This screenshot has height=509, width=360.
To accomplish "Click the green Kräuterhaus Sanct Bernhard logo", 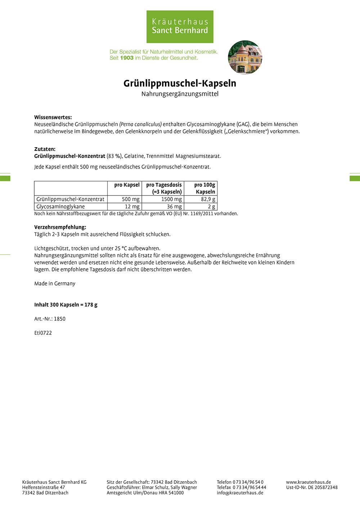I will click(180, 27).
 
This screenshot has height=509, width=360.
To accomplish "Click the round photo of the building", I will click(245, 57).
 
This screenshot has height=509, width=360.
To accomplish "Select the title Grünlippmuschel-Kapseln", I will click(180, 83).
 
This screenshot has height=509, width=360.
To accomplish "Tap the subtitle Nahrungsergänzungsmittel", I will click(180, 94).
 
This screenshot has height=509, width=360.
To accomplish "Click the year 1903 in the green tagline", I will click(127, 58).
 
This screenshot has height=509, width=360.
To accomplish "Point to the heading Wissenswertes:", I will click(53, 117).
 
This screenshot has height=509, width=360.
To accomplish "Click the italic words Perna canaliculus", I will click(140, 124).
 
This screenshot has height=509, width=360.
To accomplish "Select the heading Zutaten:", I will click(45, 149).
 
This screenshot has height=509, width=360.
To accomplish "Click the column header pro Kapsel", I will click(127, 185).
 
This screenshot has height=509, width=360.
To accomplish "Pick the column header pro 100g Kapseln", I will click(204, 188).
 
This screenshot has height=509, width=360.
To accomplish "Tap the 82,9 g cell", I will click(208, 199).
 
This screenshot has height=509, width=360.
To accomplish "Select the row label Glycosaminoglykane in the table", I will click(60, 207).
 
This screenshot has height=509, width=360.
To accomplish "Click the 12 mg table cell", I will click(132, 207).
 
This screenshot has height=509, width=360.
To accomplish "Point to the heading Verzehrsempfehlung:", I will click(60, 227).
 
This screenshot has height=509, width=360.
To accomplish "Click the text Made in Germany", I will click(55, 284).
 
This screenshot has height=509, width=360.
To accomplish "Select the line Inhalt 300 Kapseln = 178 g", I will click(66, 305).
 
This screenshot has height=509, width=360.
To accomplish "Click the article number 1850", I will click(59, 319).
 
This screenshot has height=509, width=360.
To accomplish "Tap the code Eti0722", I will click(43, 333).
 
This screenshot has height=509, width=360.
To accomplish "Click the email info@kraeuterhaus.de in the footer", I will click(240, 493).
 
